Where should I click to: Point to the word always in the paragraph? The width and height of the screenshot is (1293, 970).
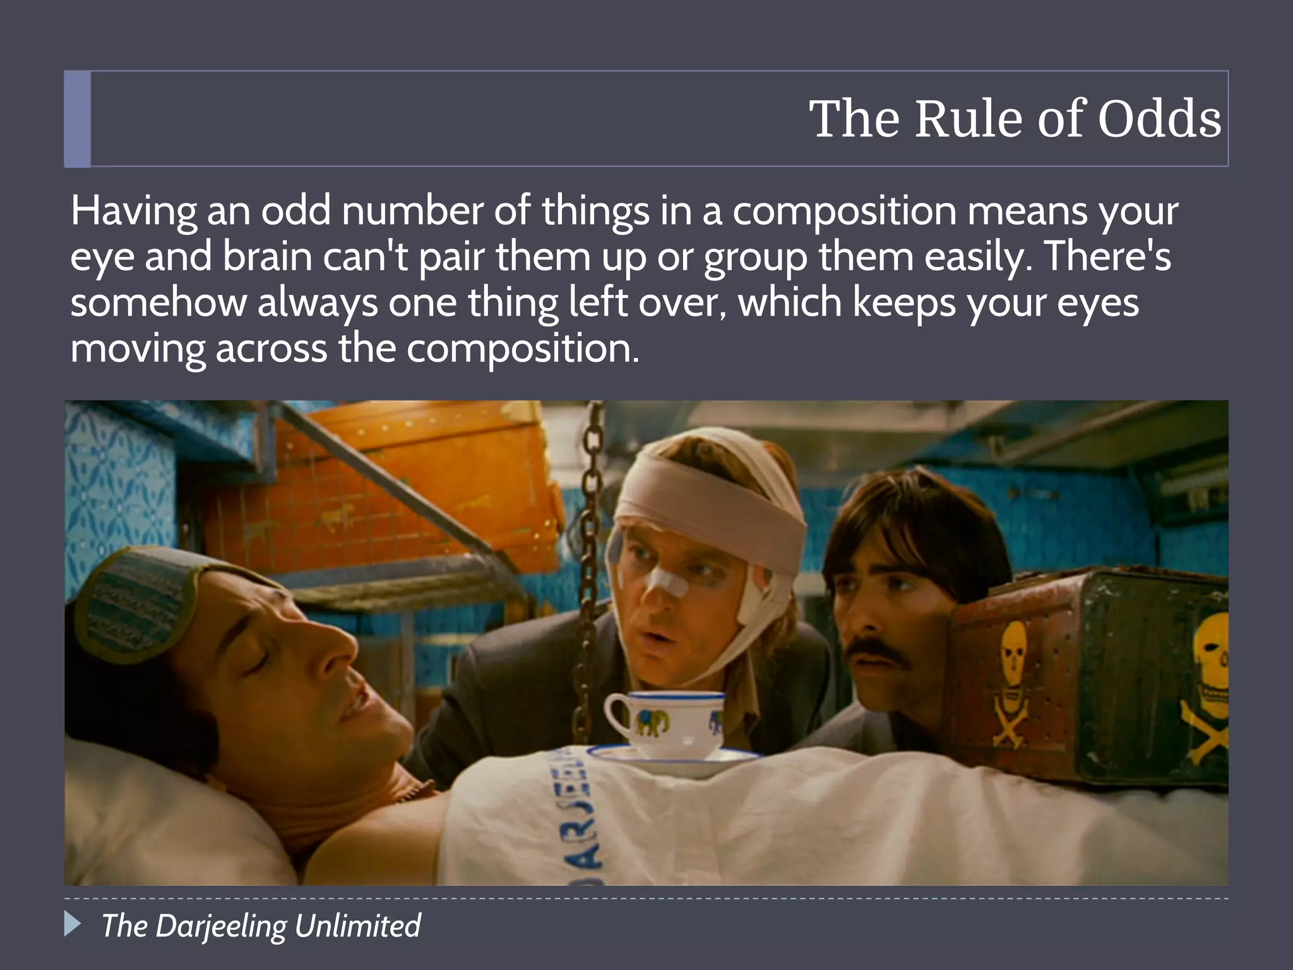tap(317, 302)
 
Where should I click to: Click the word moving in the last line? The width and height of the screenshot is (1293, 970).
tap(138, 349)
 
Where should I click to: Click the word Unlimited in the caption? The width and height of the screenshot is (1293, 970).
tap(357, 926)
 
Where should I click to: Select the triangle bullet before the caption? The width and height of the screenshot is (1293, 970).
tap(73, 925)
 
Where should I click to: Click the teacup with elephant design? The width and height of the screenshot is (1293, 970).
tap(663, 723)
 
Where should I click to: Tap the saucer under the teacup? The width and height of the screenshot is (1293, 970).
tap(676, 759)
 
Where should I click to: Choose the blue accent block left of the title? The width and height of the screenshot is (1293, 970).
tap(78, 119)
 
